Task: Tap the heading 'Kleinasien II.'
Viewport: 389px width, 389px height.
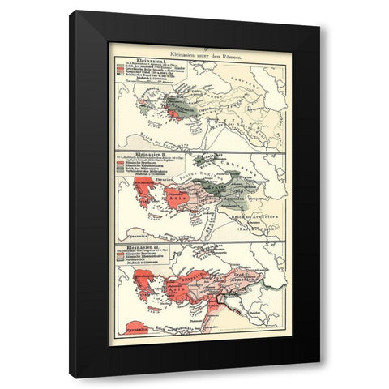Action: coord(135,152)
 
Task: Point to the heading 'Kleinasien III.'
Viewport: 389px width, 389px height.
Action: coord(137,246)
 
